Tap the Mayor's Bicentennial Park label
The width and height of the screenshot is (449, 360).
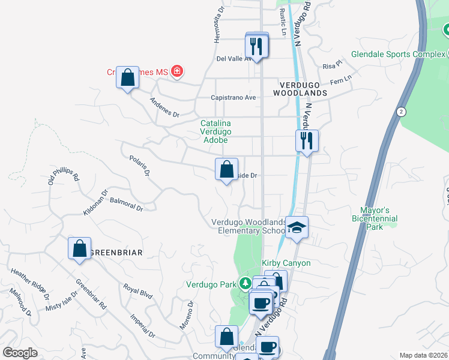click(x=375, y=219)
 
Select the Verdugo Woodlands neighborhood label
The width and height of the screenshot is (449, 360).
click(x=300, y=89)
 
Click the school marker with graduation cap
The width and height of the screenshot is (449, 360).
click(x=297, y=228)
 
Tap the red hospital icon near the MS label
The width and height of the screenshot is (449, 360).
click(x=176, y=72)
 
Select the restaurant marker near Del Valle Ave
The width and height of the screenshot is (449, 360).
click(x=257, y=46)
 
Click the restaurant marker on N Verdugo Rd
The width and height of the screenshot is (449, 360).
click(x=307, y=141)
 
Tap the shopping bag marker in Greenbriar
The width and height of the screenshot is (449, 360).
click(x=79, y=248)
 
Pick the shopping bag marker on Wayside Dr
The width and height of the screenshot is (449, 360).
click(x=226, y=170)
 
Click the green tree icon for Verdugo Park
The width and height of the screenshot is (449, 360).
click(x=244, y=283)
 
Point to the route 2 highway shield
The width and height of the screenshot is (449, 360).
click(x=401, y=112)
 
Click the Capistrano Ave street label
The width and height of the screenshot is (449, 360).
click(x=234, y=98)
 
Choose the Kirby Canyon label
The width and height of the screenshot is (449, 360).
click(x=286, y=263)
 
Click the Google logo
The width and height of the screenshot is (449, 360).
click(x=20, y=353)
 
